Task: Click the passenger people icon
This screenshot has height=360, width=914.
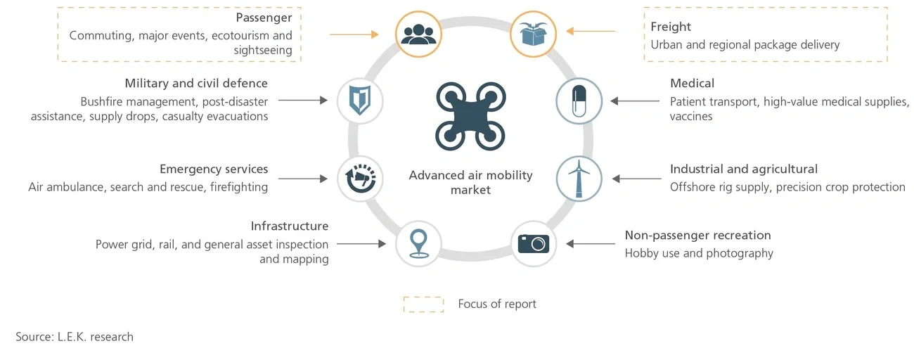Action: [418, 33]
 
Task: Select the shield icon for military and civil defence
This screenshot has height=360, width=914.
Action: [360, 101]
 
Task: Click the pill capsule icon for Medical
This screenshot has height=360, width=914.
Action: [579, 101]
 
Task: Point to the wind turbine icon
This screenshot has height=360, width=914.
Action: [579, 178]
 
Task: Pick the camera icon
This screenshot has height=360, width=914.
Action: [534, 243]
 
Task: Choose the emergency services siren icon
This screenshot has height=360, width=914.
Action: [360, 178]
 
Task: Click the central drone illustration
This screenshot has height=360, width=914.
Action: [470, 116]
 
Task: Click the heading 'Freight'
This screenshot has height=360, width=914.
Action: [671, 27]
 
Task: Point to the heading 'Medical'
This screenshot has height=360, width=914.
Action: [692, 84]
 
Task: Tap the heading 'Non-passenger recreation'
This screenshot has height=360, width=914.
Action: [697, 236]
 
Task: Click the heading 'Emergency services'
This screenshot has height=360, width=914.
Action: [214, 169]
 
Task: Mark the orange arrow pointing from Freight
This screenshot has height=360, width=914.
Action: [591, 32]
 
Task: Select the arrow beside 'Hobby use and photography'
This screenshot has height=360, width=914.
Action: [591, 244]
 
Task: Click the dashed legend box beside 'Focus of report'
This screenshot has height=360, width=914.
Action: [423, 304]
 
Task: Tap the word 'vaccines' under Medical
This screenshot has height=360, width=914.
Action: [691, 117]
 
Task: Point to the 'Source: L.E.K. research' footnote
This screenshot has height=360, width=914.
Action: [75, 337]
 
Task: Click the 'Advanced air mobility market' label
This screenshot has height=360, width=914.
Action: [470, 182]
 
